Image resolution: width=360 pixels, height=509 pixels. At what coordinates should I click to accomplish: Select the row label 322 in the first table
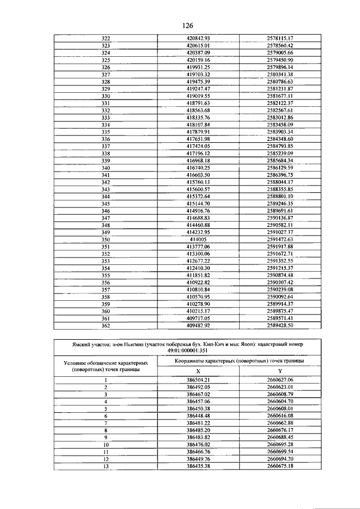(x=106, y=38)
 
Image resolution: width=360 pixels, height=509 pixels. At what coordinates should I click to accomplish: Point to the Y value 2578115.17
(x=280, y=38)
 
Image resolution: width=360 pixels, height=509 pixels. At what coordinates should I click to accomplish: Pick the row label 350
(x=106, y=239)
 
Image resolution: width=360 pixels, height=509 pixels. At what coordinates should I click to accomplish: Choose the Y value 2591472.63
(x=280, y=239)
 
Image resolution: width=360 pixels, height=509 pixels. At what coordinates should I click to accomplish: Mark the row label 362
(x=106, y=325)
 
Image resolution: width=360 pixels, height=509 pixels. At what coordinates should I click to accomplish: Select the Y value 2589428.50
(x=280, y=325)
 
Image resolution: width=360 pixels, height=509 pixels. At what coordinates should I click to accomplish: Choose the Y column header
(x=280, y=371)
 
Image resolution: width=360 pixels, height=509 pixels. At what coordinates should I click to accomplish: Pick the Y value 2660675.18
(x=280, y=466)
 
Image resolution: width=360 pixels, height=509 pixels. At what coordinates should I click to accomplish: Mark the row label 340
(x=106, y=168)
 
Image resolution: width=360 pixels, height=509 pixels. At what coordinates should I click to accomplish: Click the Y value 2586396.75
(x=280, y=175)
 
